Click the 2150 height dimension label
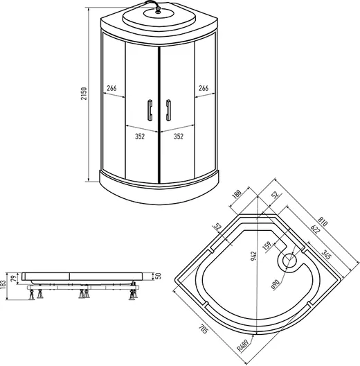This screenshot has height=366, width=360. click(84, 94)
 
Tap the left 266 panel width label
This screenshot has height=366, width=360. click(111, 88)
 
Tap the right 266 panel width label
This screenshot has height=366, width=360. click(204, 88)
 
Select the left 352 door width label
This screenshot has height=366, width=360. click(140, 137)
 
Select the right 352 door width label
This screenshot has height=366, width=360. click(179, 137)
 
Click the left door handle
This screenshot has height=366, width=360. click(150, 110)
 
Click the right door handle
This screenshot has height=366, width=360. click(168, 110)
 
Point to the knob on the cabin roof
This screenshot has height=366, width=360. click(158, 10)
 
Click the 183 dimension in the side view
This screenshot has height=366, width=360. click(3, 285)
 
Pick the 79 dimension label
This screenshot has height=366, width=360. click(15, 278)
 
